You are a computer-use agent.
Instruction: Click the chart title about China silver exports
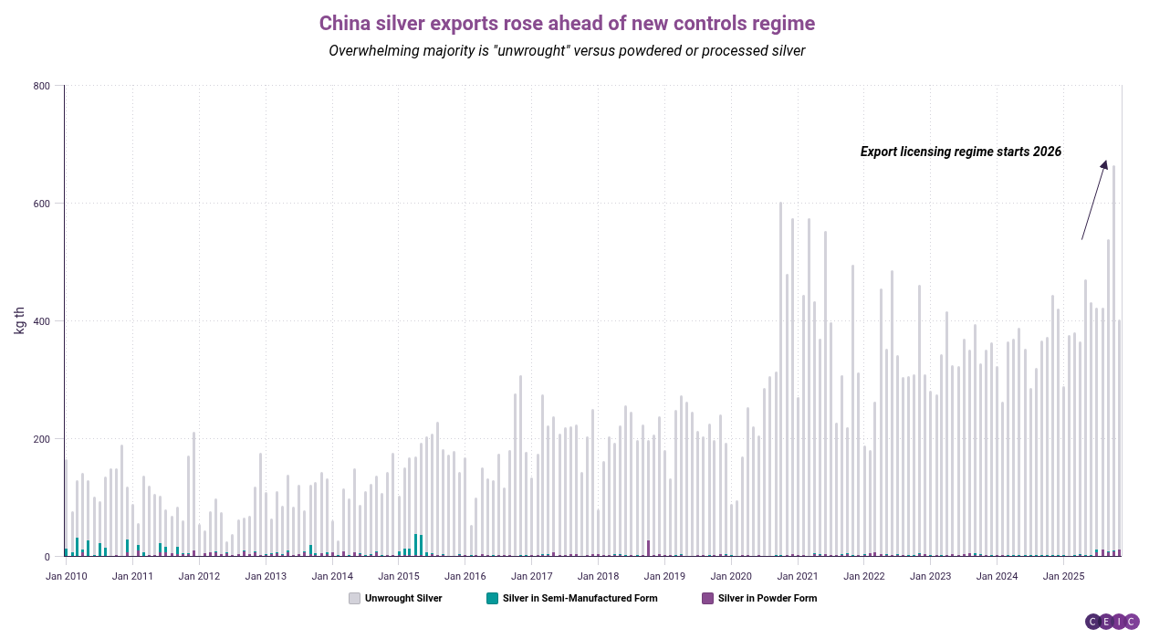click(x=567, y=23)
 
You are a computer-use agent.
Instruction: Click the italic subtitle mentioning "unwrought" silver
click(x=567, y=51)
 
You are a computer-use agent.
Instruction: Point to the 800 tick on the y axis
click(x=42, y=86)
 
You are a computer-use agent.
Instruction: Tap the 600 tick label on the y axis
click(x=42, y=204)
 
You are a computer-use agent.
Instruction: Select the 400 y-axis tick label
click(x=42, y=321)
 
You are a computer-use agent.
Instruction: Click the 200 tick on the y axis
click(x=42, y=439)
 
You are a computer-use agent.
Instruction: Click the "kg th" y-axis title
click(x=19, y=320)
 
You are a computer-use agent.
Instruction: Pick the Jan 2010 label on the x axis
click(x=66, y=576)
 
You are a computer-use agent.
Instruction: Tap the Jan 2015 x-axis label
click(x=399, y=576)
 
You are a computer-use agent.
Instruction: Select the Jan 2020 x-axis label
click(x=731, y=576)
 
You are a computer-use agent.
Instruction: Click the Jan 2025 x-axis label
click(x=1063, y=576)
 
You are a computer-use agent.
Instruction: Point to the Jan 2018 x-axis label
click(x=598, y=576)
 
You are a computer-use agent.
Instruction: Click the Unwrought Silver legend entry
click(x=396, y=599)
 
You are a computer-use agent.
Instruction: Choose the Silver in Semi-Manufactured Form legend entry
click(x=572, y=599)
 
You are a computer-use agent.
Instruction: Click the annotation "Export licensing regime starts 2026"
click(x=961, y=152)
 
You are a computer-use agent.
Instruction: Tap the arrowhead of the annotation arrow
click(x=1104, y=164)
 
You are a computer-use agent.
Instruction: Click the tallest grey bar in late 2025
click(x=1113, y=365)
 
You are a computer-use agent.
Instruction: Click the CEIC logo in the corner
click(x=1112, y=622)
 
